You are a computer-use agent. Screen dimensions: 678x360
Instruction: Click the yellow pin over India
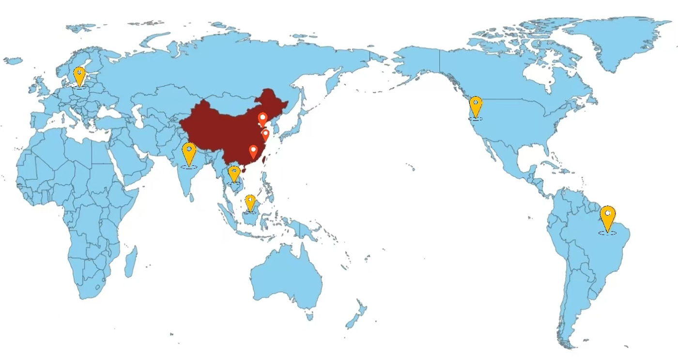click(189, 153)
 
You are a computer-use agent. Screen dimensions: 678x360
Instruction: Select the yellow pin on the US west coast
click(476, 106)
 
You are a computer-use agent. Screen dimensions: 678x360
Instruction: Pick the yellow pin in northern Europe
click(79, 76)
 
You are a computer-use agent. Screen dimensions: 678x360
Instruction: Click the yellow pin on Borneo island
click(250, 202)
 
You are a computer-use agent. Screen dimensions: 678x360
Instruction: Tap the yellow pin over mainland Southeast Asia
click(234, 173)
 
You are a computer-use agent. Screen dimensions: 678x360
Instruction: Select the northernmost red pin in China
click(262, 119)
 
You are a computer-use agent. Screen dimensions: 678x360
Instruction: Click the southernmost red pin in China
click(253, 151)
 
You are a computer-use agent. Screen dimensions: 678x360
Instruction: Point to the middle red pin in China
click(265, 135)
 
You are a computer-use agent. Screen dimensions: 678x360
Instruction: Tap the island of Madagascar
click(130, 262)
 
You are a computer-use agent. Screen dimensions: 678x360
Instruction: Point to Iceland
click(13, 61)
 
